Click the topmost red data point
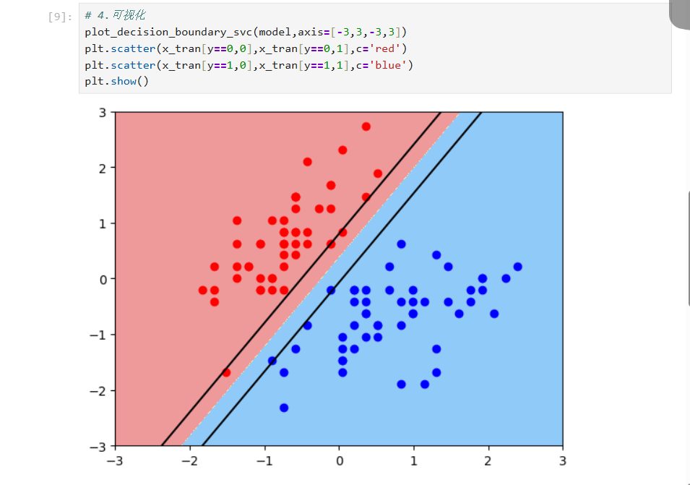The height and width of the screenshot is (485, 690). [366, 126]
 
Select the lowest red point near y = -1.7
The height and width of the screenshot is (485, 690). [226, 373]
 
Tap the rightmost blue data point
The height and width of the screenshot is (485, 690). [517, 267]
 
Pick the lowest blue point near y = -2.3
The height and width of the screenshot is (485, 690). [284, 408]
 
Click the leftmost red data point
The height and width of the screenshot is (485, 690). [202, 290]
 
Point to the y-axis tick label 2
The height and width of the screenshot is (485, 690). [102, 168]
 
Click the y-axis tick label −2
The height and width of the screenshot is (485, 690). [98, 390]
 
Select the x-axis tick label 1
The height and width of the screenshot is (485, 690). [413, 461]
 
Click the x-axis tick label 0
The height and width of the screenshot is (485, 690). [339, 461]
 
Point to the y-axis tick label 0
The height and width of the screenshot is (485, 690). [102, 279]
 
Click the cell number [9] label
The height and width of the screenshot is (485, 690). [57, 17]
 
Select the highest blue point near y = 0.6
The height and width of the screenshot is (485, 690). [401, 244]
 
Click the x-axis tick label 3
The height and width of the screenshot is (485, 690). [562, 461]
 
